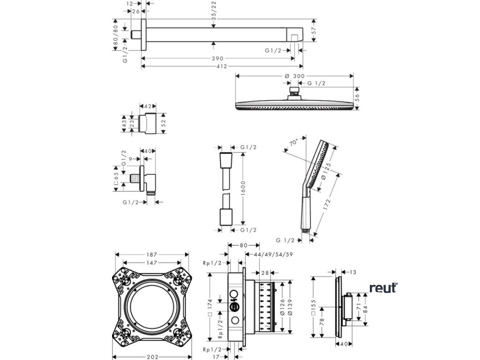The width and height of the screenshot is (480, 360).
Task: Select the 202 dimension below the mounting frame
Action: click(x=151, y=357)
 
